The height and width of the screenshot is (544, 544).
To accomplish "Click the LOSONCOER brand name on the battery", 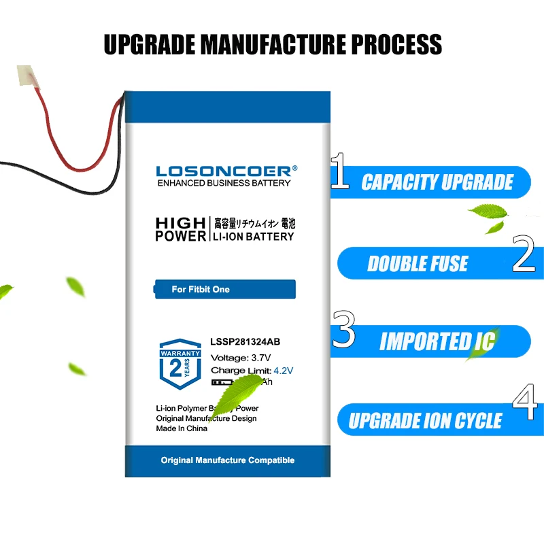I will click(224, 171).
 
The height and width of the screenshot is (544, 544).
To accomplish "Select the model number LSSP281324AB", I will click(244, 343).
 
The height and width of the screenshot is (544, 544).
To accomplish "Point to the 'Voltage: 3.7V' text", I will click(240, 358).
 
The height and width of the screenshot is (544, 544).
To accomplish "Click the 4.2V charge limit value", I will click(283, 371).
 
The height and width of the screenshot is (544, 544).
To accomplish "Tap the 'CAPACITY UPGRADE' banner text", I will click(437, 182).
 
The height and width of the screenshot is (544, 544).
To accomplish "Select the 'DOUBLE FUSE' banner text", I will click(418, 264).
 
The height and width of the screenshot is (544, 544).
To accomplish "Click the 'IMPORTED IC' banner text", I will click(437, 341).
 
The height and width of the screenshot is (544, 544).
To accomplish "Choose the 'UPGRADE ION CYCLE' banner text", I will click(426, 421).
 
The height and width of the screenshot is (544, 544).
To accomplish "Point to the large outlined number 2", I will click(524, 255).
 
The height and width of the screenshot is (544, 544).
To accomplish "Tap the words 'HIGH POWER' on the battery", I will click(180, 230).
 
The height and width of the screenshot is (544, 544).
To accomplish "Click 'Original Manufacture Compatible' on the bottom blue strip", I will click(227, 460).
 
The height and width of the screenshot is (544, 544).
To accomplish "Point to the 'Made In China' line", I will click(182, 428).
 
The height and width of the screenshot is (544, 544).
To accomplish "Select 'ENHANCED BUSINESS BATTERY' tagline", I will click(224, 184).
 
